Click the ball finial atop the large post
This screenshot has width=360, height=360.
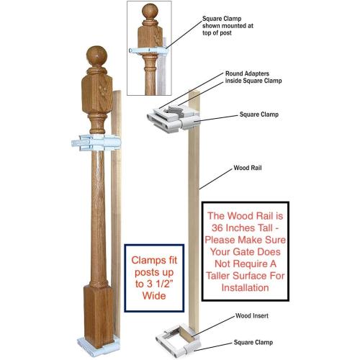96,56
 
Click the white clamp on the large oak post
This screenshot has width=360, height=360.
96,143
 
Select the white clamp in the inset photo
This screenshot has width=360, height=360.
149,50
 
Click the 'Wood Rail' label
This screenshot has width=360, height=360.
248,168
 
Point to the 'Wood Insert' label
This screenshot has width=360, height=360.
252,315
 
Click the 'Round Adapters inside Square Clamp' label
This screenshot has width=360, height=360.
253,77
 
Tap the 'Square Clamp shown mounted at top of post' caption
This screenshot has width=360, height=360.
228,26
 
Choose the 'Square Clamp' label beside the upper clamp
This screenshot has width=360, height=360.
259,114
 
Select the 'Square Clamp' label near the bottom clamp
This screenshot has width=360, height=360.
253,342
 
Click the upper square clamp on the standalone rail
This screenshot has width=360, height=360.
174,118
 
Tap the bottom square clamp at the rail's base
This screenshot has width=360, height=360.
178,338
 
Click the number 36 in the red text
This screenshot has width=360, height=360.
217,228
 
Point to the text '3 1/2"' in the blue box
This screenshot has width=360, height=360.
160,284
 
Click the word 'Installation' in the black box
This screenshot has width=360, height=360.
245,287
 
